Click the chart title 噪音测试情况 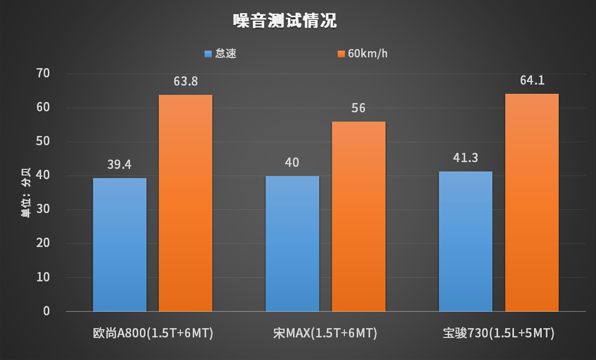(285, 22)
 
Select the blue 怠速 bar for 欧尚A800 (120, 245)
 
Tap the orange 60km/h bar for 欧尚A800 (185, 203)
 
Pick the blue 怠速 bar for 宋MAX (292, 243)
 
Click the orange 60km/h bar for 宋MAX (358, 216)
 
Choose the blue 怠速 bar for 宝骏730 (465, 241)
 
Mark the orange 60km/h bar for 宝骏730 (532, 203)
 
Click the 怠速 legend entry (220, 54)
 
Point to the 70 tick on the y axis (42, 73)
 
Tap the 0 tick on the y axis (46, 311)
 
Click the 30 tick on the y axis (42, 210)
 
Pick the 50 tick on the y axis (42, 142)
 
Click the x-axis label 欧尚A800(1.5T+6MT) (153, 333)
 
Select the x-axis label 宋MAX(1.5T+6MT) (325, 333)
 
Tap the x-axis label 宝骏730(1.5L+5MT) (498, 333)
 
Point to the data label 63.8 (185, 82)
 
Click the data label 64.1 (532, 81)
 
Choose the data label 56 (358, 108)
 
